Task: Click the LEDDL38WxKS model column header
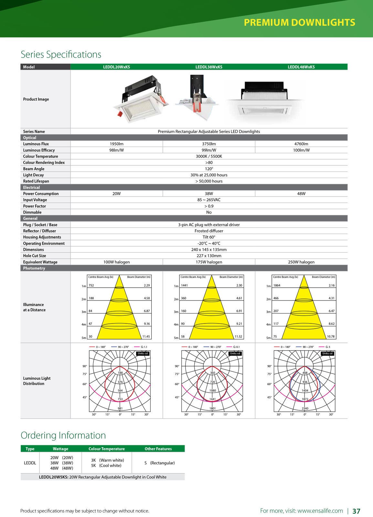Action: click(208, 67)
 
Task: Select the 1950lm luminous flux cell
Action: click(116, 144)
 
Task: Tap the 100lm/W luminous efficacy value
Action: click(301, 150)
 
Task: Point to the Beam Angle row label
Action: click(34, 169)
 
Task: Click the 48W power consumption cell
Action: click(301, 194)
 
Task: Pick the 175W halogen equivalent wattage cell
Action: click(209, 262)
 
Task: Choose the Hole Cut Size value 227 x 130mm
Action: click(209, 256)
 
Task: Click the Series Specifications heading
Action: click(61, 54)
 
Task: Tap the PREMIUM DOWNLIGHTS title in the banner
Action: click(299, 22)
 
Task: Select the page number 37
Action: click(356, 511)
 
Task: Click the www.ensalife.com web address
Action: click(320, 511)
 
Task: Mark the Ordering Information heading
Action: click(63, 435)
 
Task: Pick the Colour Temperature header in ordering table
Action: click(106, 449)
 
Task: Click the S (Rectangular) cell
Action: click(159, 463)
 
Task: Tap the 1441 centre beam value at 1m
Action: click(184, 285)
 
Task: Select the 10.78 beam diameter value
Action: click(331, 336)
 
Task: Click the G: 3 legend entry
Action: click(327, 347)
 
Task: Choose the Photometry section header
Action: click(34, 268)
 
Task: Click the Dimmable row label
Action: click(32, 212)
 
